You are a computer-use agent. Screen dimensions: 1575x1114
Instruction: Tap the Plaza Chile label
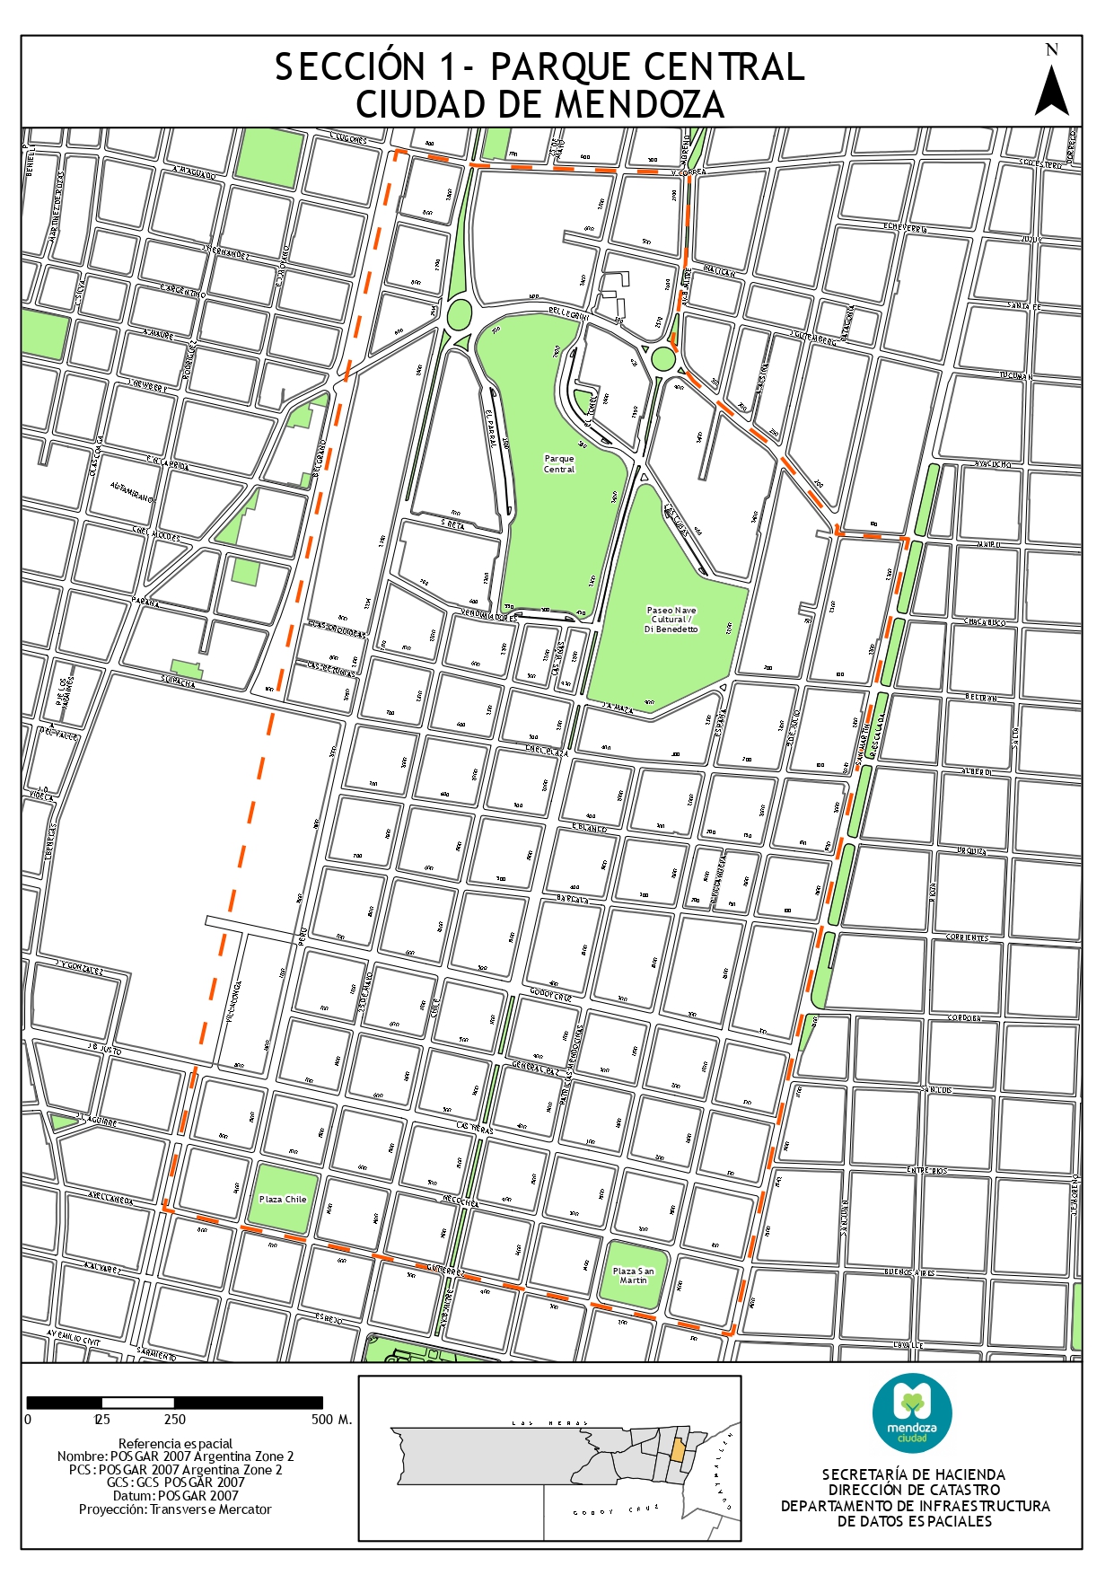tap(283, 1199)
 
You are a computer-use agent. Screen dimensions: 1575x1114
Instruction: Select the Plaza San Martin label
tap(633, 1275)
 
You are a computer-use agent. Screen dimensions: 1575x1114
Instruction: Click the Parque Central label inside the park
tap(559, 463)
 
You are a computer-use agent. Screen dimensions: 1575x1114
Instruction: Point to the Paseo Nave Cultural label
tap(671, 620)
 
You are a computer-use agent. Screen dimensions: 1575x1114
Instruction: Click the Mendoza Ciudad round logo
tap(912, 1414)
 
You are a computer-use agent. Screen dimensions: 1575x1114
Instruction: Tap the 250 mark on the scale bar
tap(175, 1420)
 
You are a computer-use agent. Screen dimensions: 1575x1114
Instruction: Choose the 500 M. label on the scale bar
tap(331, 1420)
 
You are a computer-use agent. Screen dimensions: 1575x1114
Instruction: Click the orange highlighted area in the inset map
tap(679, 1448)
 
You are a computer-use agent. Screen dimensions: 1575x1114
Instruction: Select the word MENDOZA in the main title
tap(639, 105)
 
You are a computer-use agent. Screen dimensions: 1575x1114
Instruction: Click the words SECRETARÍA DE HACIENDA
tap(914, 1474)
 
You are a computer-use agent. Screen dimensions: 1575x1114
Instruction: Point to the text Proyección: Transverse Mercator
tap(175, 1509)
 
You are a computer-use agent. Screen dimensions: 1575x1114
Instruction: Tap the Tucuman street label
tap(1015, 375)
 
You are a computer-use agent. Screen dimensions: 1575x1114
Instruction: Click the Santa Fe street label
tap(1023, 306)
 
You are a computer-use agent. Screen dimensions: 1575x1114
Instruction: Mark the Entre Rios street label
tap(926, 1171)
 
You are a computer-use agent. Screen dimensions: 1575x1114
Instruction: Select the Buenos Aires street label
tap(909, 1272)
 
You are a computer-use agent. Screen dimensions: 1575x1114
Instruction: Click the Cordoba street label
tap(964, 1018)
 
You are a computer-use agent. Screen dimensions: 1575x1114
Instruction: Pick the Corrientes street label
tap(967, 937)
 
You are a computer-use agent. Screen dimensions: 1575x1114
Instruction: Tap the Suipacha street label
tap(178, 682)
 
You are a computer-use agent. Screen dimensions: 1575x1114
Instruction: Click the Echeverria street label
tap(904, 228)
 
